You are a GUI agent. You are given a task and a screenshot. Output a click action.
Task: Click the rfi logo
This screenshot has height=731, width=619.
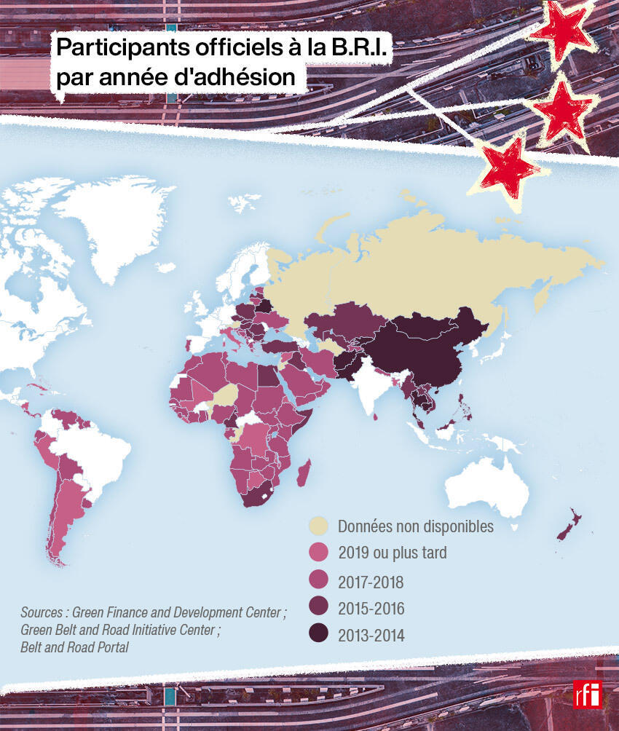pyautogui.click(x=587, y=693)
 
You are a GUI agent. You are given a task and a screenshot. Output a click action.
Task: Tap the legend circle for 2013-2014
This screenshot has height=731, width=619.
pyautogui.click(x=318, y=634)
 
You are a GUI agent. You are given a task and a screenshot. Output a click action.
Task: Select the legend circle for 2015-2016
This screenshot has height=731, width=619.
pyautogui.click(x=318, y=607)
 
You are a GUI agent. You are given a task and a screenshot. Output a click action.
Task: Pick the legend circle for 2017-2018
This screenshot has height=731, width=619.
pyautogui.click(x=318, y=580)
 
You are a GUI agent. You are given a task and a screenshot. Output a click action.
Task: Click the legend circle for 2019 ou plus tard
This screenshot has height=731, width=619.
pyautogui.click(x=318, y=553)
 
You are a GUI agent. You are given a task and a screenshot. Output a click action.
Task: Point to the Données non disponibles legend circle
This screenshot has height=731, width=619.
pyautogui.click(x=318, y=526)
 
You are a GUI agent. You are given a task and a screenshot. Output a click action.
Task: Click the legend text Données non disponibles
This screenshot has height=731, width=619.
pyautogui.click(x=415, y=526)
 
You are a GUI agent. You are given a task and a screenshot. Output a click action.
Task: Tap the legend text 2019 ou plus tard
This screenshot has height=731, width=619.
pyautogui.click(x=392, y=553)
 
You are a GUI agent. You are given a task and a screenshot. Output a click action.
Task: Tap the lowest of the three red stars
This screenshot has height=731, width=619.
pyautogui.click(x=510, y=166)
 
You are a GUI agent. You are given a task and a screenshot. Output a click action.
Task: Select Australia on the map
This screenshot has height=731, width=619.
pyautogui.click(x=488, y=484)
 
